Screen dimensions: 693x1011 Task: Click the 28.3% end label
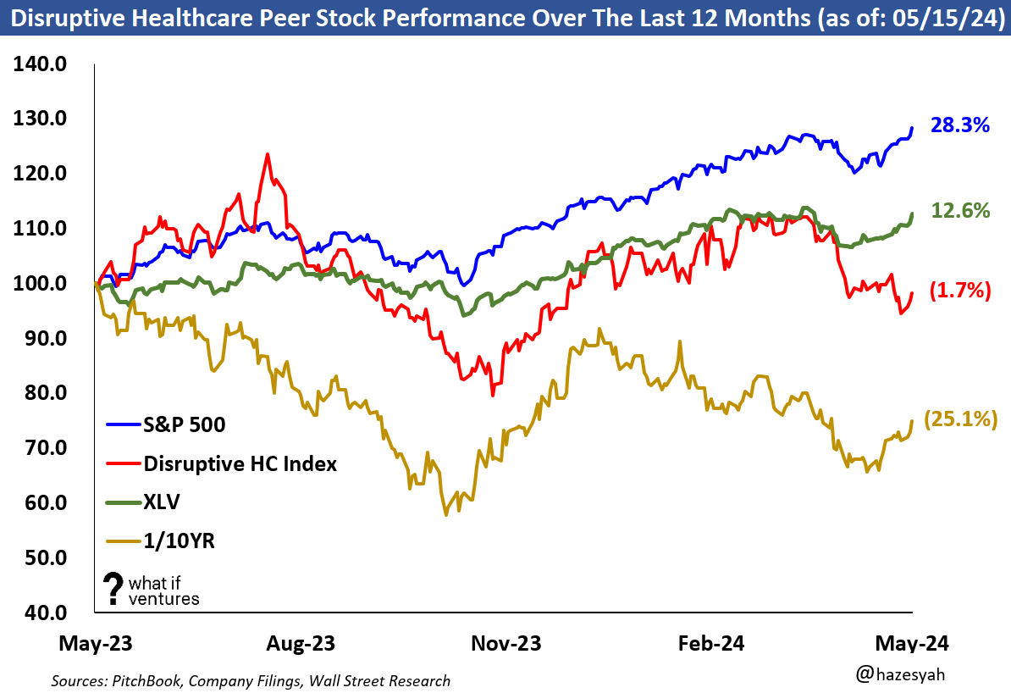pyautogui.click(x=960, y=126)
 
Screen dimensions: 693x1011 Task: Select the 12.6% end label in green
pyautogui.click(x=960, y=211)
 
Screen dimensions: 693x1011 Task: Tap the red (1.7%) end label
pyautogui.click(x=959, y=291)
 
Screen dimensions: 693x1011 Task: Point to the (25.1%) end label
pyautogui.click(x=959, y=419)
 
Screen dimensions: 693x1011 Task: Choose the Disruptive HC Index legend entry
pyautogui.click(x=240, y=463)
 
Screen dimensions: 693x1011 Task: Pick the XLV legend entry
pyautogui.click(x=162, y=502)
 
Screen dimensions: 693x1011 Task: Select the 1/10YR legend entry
pyautogui.click(x=179, y=541)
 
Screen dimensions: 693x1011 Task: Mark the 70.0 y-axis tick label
pyautogui.click(x=42, y=448)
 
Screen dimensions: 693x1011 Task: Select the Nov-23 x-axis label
pyautogui.click(x=505, y=644)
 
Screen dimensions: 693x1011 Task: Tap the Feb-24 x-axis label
pyautogui.click(x=710, y=644)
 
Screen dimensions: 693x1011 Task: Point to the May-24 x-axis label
pyautogui.click(x=914, y=644)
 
